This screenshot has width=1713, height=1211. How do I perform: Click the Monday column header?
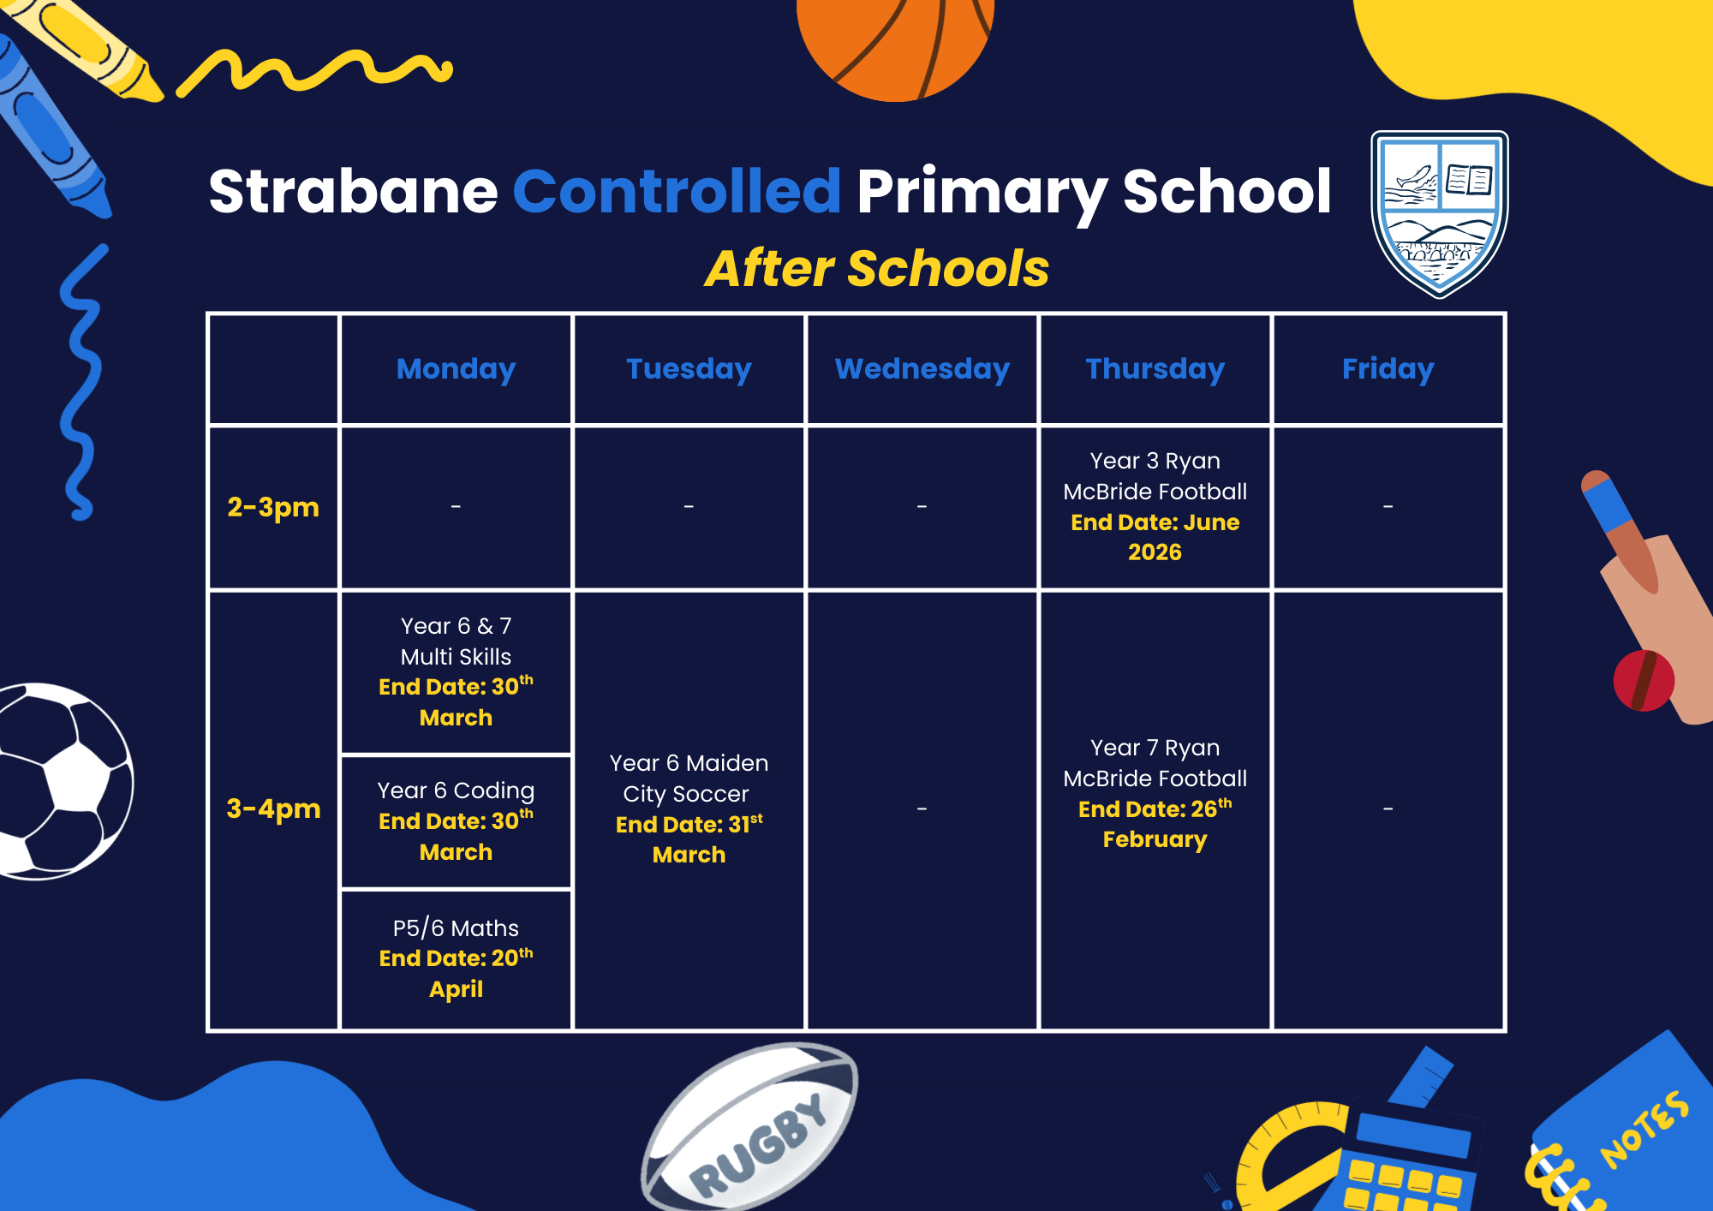point(456,369)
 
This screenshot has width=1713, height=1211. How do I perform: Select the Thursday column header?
point(1155,369)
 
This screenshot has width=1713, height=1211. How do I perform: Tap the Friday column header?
point(1388,369)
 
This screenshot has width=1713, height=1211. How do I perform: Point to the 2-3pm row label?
point(273,507)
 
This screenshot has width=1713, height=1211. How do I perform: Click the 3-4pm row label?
point(273,808)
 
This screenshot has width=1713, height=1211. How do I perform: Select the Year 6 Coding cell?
point(456,821)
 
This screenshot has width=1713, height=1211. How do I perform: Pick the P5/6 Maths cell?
point(456,959)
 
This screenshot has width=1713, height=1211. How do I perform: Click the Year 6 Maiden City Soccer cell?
point(689,809)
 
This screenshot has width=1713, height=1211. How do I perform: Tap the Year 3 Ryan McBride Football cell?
point(1155,507)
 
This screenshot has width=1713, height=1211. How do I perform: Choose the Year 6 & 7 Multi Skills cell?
point(456,672)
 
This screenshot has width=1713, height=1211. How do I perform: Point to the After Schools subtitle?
point(876,269)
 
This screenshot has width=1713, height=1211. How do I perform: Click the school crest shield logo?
point(1439,213)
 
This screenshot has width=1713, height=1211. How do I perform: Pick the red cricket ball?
point(1643,681)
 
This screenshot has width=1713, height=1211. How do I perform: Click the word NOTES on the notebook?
point(1644,1130)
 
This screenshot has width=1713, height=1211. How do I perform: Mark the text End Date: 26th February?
point(1155,824)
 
